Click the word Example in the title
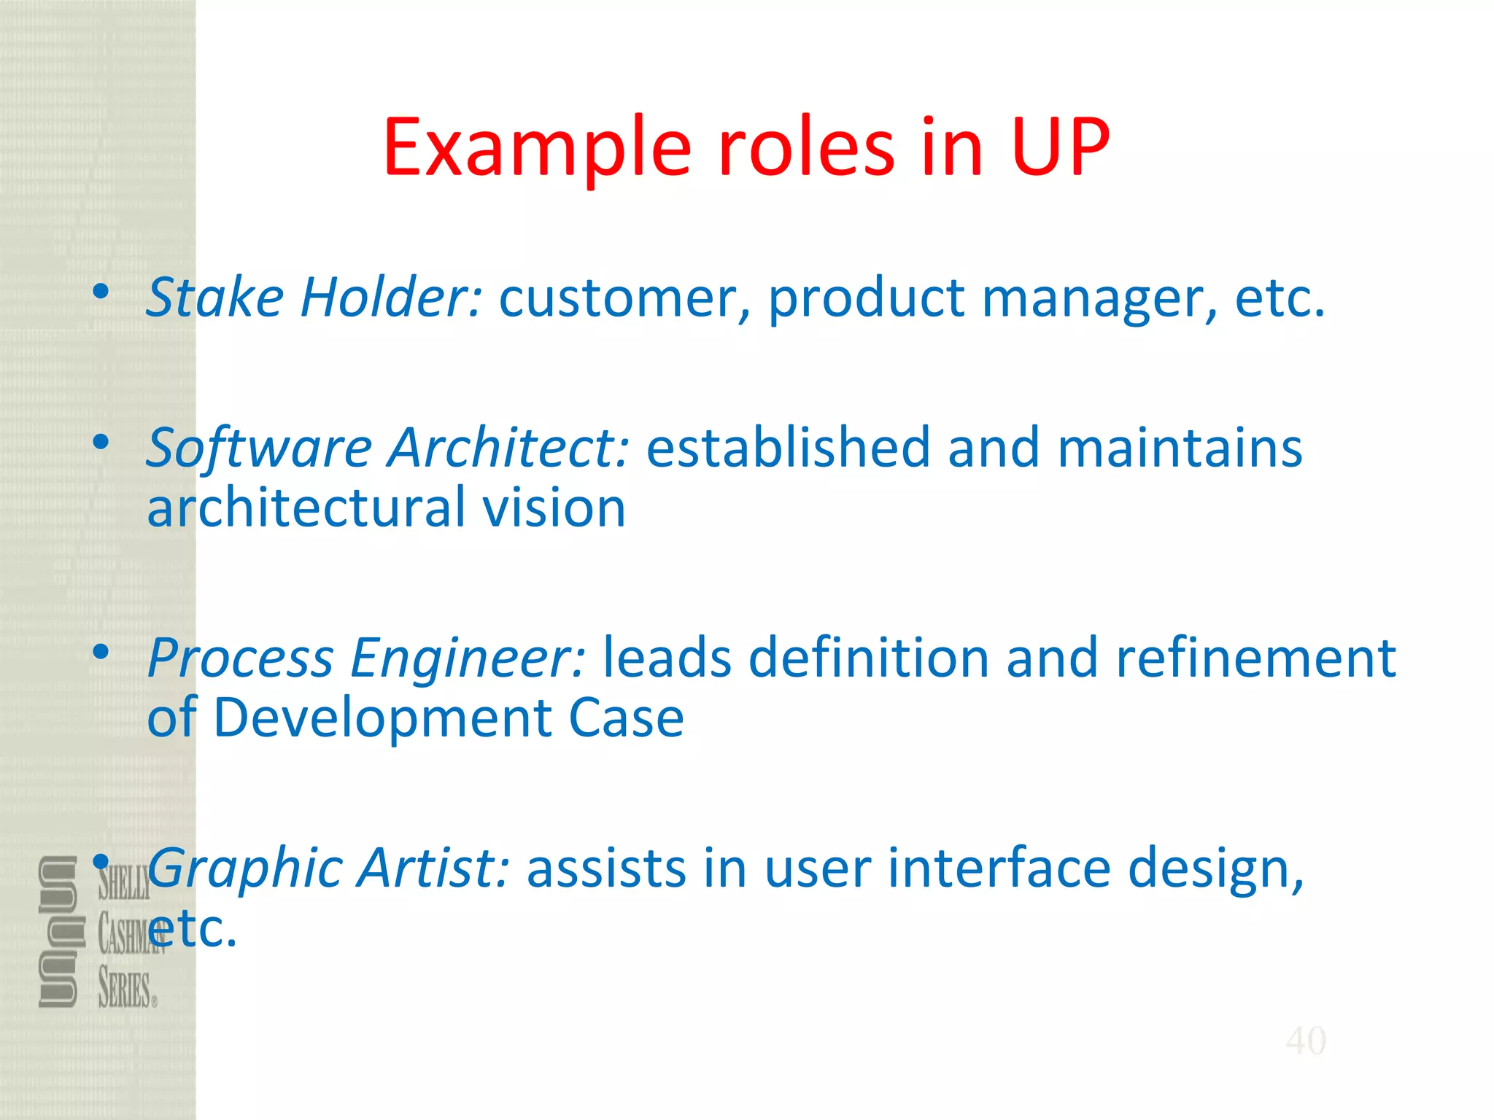point(537,149)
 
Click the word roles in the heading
point(806,148)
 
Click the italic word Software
point(259,448)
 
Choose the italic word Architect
point(508,448)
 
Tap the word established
point(788,448)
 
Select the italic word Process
point(240,658)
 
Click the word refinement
point(1255,658)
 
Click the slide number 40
point(1306,1041)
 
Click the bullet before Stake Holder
point(101,292)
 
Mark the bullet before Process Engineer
point(101,652)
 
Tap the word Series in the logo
point(125,989)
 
